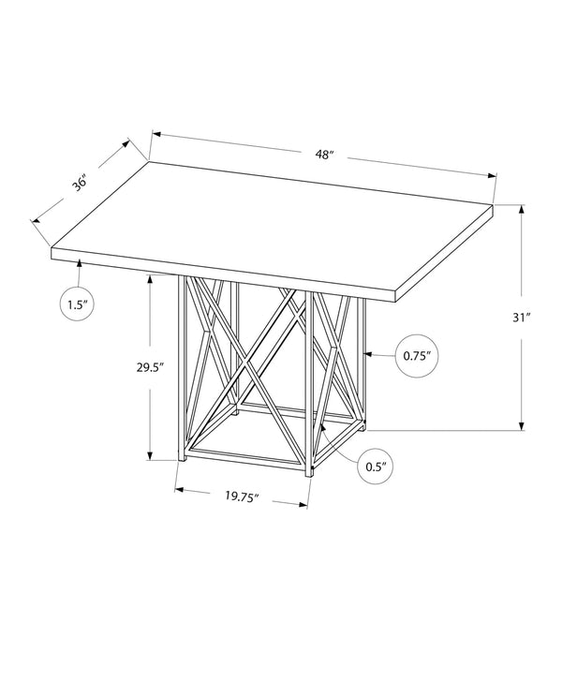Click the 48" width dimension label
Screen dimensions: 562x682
[x=324, y=155]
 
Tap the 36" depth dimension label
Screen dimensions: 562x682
[x=81, y=183]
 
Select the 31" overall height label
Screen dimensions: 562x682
[x=521, y=318]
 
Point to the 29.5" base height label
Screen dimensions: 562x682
[x=150, y=367]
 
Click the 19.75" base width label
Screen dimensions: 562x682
[x=242, y=497]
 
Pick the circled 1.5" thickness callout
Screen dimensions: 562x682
[x=77, y=304]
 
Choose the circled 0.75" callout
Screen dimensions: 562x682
[x=417, y=356]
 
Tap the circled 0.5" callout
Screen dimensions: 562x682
[x=377, y=467]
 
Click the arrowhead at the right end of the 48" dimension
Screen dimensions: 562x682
[x=492, y=175]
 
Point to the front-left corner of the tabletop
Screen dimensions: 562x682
[x=52, y=248]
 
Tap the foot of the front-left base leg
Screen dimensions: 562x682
[x=183, y=459]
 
